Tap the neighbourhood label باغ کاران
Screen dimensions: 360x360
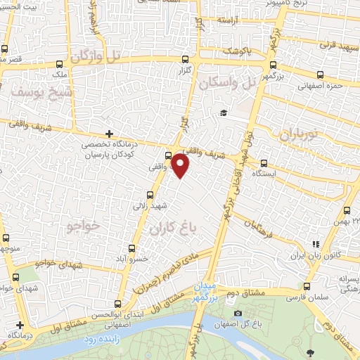172,229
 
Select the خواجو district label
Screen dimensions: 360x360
85,226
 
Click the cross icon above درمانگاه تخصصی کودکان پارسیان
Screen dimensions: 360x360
109,134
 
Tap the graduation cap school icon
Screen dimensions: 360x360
224,113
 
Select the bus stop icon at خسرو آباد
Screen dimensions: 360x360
131,248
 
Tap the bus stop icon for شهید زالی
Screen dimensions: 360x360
150,195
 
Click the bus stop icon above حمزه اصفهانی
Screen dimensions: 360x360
320,75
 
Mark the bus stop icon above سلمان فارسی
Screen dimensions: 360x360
307,285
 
